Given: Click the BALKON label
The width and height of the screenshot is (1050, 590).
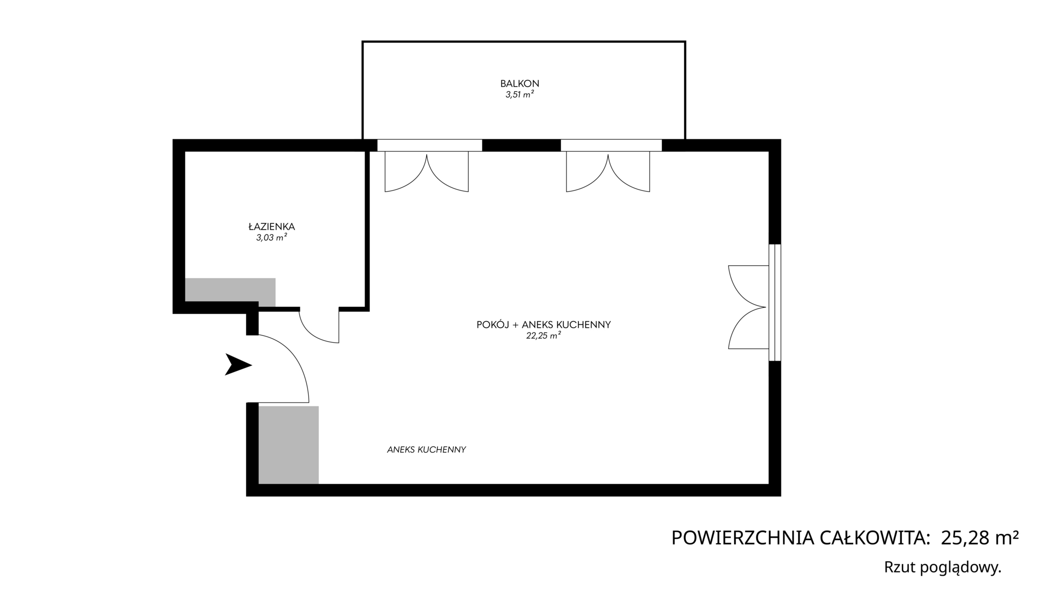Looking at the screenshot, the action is (520, 83).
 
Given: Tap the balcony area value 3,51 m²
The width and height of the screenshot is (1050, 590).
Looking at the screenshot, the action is (520, 95).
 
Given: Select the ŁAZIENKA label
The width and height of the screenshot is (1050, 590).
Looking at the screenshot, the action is (272, 226).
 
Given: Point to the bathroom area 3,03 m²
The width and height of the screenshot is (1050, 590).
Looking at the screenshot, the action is (272, 238).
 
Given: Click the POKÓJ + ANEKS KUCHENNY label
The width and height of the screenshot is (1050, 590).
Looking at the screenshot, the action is (544, 325).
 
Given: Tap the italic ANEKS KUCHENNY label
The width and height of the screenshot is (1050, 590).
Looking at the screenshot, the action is (427, 450).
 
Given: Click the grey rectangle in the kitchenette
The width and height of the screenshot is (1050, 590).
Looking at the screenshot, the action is (289, 445).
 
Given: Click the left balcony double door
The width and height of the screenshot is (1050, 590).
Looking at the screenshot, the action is (427, 172).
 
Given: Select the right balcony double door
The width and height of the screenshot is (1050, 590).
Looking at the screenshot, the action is (608, 172).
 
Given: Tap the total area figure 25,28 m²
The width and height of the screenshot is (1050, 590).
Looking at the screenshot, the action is (980, 538).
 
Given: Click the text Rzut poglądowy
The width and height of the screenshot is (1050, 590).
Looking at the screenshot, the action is (943, 567).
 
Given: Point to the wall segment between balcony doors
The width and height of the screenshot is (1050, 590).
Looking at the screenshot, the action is (521, 145).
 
